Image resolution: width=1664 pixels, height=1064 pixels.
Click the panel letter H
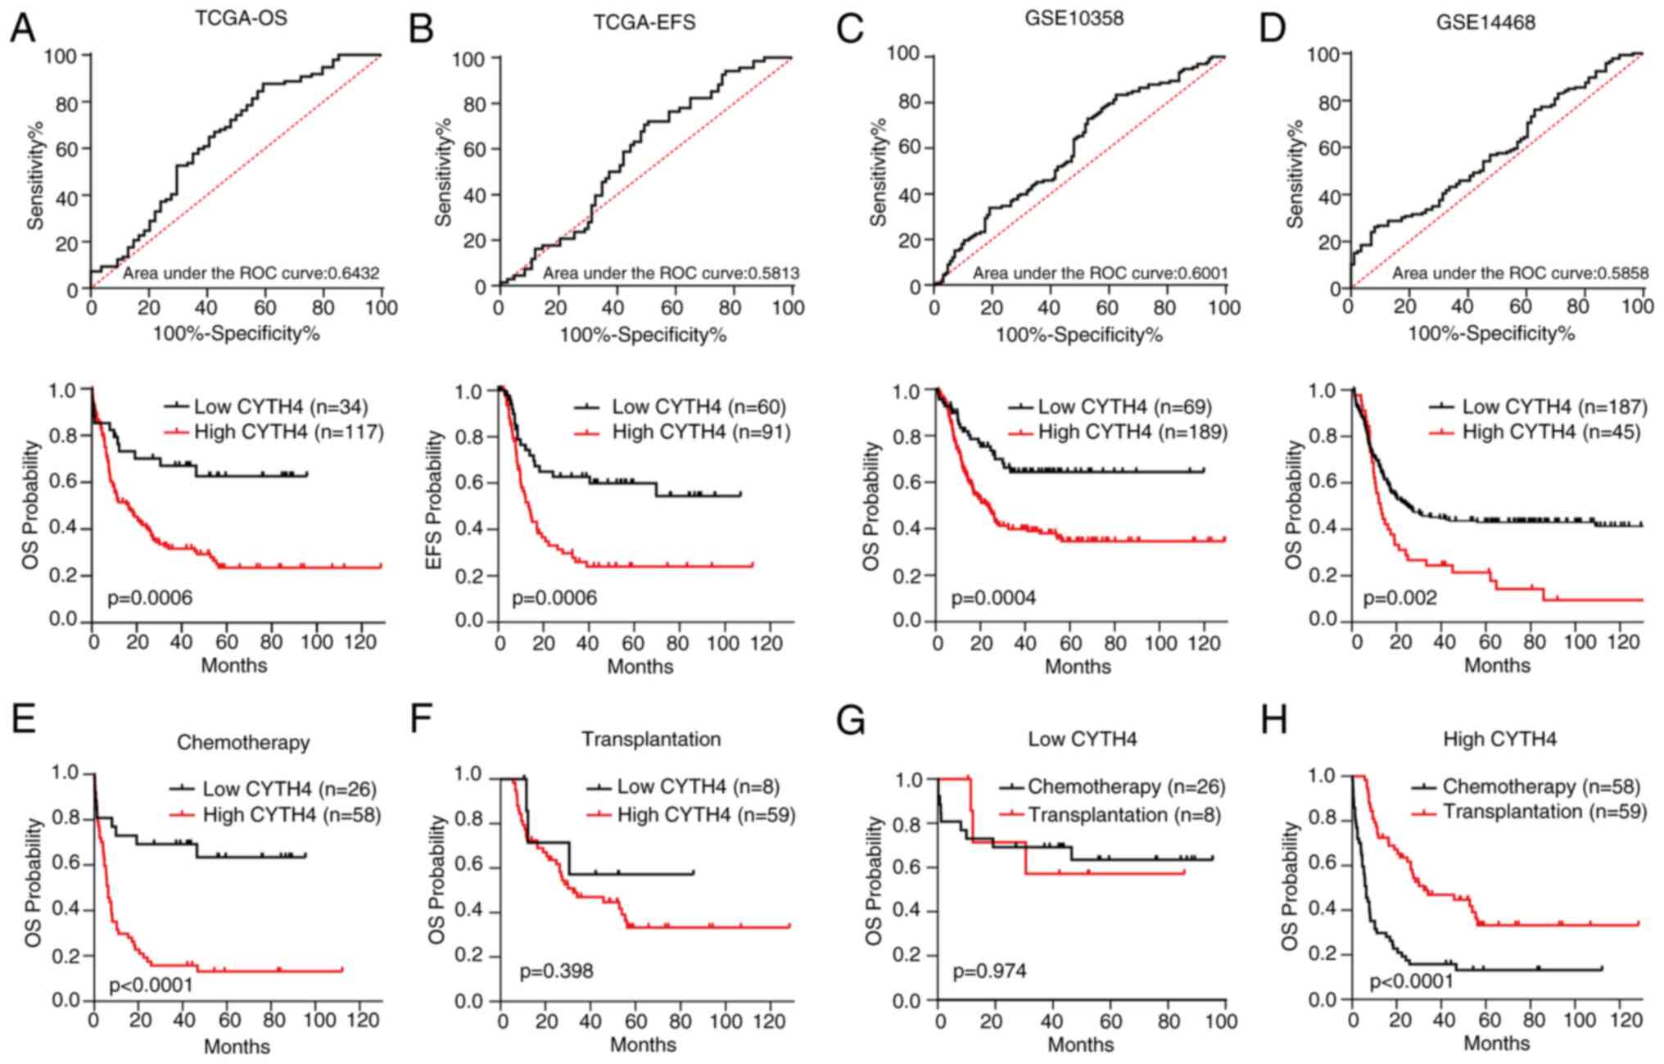(x=1275, y=721)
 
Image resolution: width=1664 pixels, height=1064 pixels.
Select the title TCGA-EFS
(x=644, y=22)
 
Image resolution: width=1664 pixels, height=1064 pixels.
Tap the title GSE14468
(x=1485, y=22)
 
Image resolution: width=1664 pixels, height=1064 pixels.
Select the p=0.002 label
(x=1399, y=598)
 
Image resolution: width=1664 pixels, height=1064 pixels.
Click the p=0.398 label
(x=556, y=971)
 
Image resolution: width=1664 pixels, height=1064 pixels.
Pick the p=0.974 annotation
(x=988, y=971)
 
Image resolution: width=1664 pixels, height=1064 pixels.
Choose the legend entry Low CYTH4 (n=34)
(x=281, y=406)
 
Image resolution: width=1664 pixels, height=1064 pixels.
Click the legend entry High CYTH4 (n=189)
(x=1133, y=432)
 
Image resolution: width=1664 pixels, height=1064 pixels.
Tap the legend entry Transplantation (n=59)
(x=1544, y=811)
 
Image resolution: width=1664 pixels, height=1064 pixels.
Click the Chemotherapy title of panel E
(x=243, y=742)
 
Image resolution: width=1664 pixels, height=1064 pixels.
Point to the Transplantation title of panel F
(x=651, y=739)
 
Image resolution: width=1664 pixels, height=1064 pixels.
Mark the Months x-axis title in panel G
(x=1080, y=1044)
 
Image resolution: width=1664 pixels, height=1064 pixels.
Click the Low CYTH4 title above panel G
(x=1082, y=739)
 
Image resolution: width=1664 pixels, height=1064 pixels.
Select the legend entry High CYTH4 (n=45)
(x=1551, y=432)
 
